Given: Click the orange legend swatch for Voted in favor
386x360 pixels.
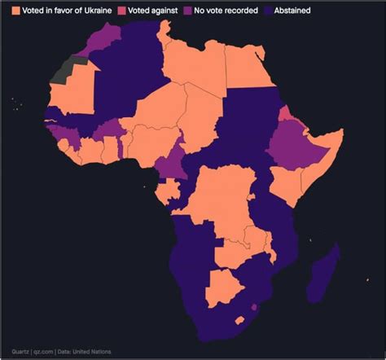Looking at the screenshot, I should [15, 11].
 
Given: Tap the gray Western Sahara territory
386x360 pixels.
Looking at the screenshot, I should [64, 69].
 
